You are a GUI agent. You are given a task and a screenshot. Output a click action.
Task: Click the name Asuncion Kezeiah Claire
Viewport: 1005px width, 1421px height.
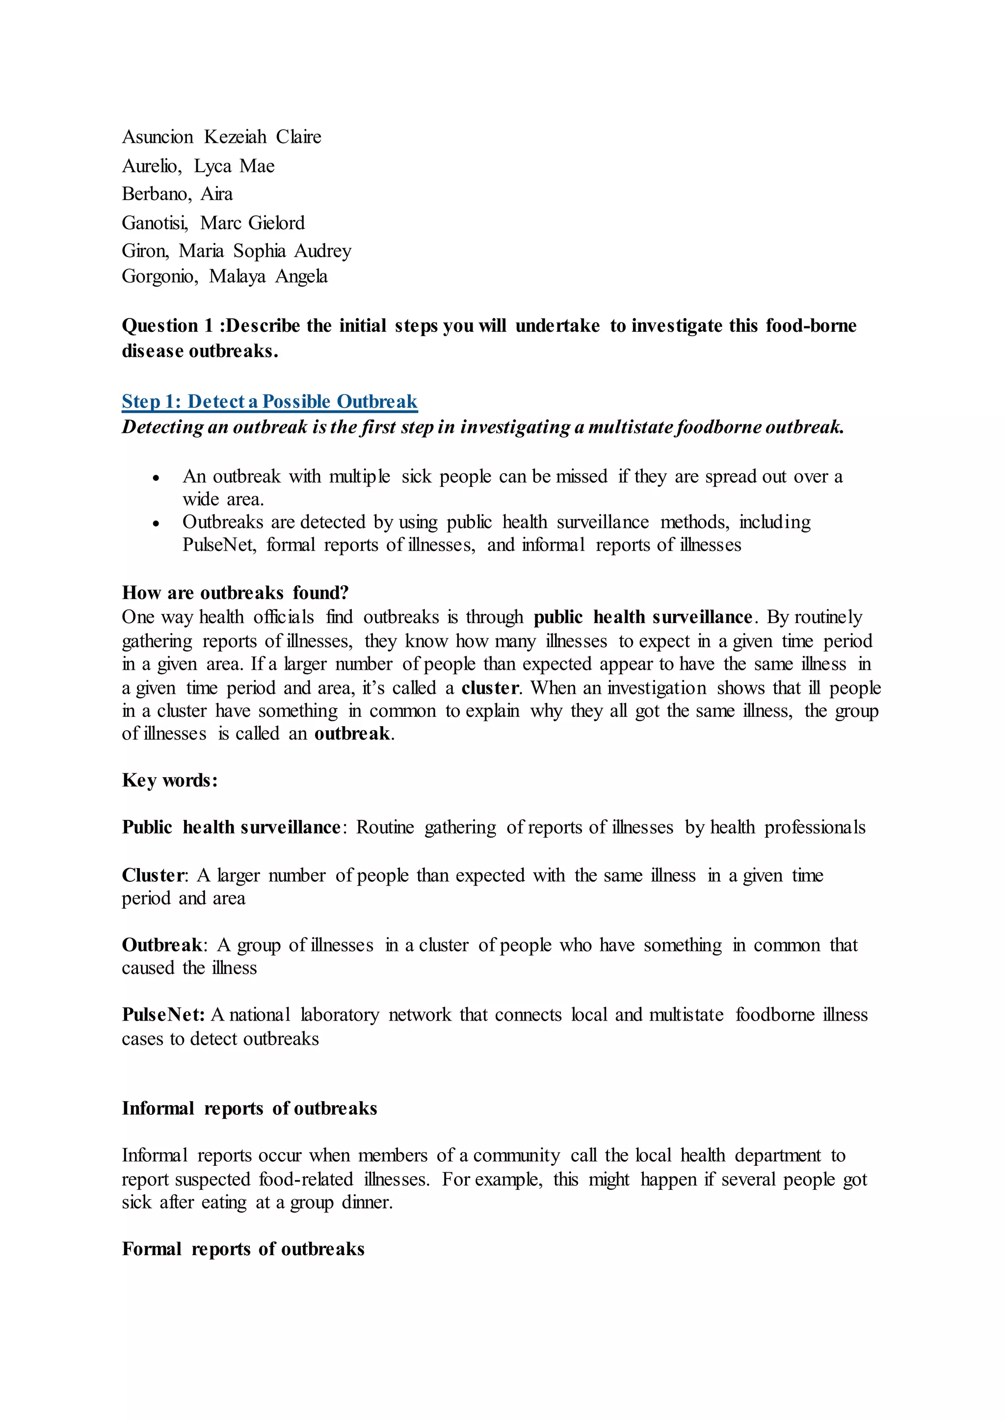pos(221,137)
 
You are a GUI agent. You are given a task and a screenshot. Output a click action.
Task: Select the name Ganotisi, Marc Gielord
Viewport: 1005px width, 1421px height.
pos(213,223)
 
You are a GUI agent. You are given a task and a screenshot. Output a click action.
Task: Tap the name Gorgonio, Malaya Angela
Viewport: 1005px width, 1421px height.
pos(224,276)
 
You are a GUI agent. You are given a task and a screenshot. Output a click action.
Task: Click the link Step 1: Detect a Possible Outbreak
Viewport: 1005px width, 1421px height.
pos(269,402)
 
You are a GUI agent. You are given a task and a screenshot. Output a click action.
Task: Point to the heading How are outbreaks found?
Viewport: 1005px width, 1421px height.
pos(235,593)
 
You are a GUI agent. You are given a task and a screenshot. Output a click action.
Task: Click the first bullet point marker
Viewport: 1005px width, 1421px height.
pos(156,478)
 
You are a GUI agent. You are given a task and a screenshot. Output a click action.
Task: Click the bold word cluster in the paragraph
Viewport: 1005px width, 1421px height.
pos(490,688)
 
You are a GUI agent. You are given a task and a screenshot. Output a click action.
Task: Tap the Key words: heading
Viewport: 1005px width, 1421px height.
pos(170,781)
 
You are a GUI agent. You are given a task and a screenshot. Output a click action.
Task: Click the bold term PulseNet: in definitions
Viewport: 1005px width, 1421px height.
pos(163,1015)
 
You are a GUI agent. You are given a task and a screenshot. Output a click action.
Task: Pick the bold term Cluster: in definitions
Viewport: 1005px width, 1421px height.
pos(155,876)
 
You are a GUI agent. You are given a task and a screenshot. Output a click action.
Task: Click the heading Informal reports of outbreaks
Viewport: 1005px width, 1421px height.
pos(249,1108)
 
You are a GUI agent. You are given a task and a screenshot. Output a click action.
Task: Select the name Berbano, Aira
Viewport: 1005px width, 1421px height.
pos(177,194)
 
